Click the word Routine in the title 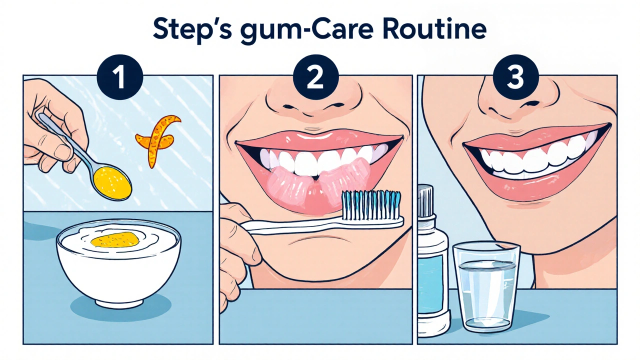point(433,29)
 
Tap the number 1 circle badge point(119,77)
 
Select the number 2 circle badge point(315,77)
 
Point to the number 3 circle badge point(515,77)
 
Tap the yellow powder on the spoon point(112,181)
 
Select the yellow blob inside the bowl point(115,239)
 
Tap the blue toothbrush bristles point(371,204)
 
